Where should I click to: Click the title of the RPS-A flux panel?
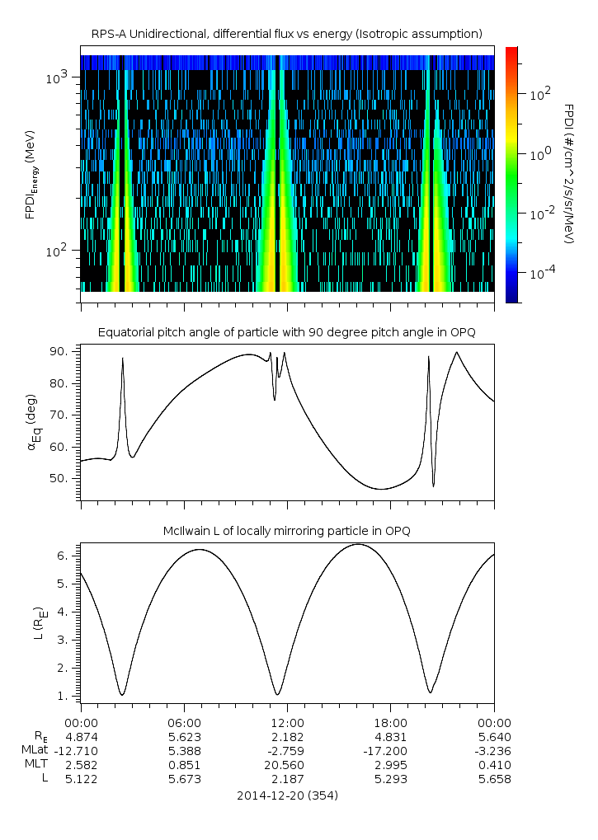point(287,33)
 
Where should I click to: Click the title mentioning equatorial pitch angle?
point(287,332)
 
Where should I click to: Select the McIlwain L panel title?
point(287,530)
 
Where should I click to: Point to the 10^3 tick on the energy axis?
point(60,77)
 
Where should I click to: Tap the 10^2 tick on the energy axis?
point(60,251)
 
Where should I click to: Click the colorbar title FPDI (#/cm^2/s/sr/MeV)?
point(569,174)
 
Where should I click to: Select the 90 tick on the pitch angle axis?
point(60,352)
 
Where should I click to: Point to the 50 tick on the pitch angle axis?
point(60,479)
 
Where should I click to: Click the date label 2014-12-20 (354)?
point(287,796)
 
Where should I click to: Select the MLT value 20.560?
point(287,766)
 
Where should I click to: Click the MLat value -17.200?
point(391,751)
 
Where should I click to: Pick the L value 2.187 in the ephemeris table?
point(287,780)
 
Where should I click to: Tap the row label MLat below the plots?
point(37,751)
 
